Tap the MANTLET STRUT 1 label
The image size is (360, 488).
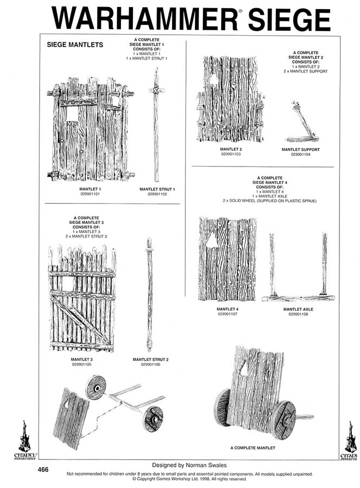coord(156,189)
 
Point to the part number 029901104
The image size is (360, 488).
coord(300,155)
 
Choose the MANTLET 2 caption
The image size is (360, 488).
coord(230,150)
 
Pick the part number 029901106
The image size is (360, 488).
coord(150,364)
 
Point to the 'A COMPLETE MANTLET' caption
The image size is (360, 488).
coord(253,448)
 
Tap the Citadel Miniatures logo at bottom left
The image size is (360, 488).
coord(22,441)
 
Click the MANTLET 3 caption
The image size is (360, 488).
coord(81,359)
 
